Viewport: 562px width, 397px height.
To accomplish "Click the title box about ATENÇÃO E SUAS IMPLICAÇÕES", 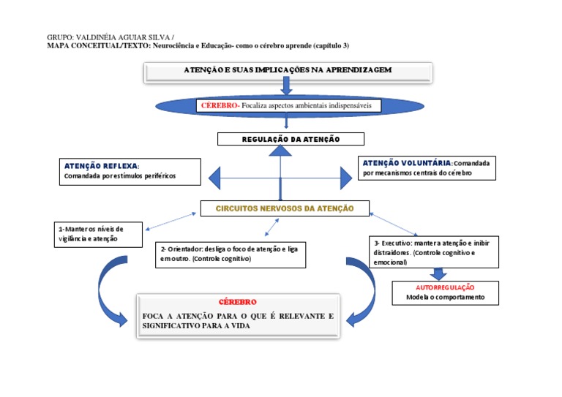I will tap(288, 71).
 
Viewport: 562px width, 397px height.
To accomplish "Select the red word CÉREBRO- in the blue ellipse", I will tap(220, 105).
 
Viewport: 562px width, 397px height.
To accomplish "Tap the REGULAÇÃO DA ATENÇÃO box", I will tap(280, 139).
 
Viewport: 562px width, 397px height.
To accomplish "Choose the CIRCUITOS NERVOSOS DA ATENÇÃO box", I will tap(284, 209).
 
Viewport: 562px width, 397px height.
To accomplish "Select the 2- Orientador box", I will tap(230, 254).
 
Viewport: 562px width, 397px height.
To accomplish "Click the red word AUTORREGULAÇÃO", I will tap(445, 287).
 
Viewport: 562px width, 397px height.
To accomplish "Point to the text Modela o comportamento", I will tap(445, 298).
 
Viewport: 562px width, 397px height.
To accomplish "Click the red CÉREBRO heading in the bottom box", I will tap(237, 302).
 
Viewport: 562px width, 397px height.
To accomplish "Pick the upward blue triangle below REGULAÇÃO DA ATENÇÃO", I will tap(280, 151).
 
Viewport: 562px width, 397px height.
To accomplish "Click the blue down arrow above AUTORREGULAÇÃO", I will tap(438, 274).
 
